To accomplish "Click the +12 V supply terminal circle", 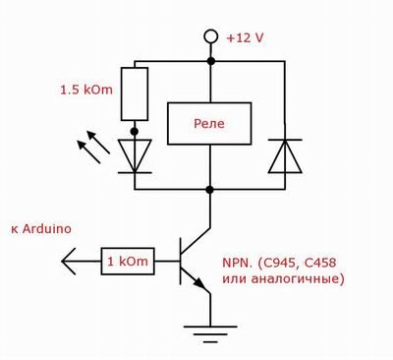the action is click(x=210, y=36).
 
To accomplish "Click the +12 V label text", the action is click(x=245, y=38).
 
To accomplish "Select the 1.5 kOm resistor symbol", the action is click(x=135, y=93).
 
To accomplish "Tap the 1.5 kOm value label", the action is click(x=86, y=90).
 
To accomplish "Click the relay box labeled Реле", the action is click(x=209, y=124).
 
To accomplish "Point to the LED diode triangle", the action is click(x=135, y=156).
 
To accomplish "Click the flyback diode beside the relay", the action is click(x=285, y=156).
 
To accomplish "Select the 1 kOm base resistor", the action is click(x=128, y=262).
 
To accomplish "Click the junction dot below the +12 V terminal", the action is click(x=211, y=61).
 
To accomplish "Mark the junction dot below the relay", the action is click(x=210, y=190).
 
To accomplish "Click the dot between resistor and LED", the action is click(x=135, y=132).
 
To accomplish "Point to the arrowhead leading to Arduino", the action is click(x=68, y=262).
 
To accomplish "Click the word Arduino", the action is click(x=47, y=229).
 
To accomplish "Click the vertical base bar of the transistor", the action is click(x=181, y=262).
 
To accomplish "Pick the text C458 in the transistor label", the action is click(x=320, y=263).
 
